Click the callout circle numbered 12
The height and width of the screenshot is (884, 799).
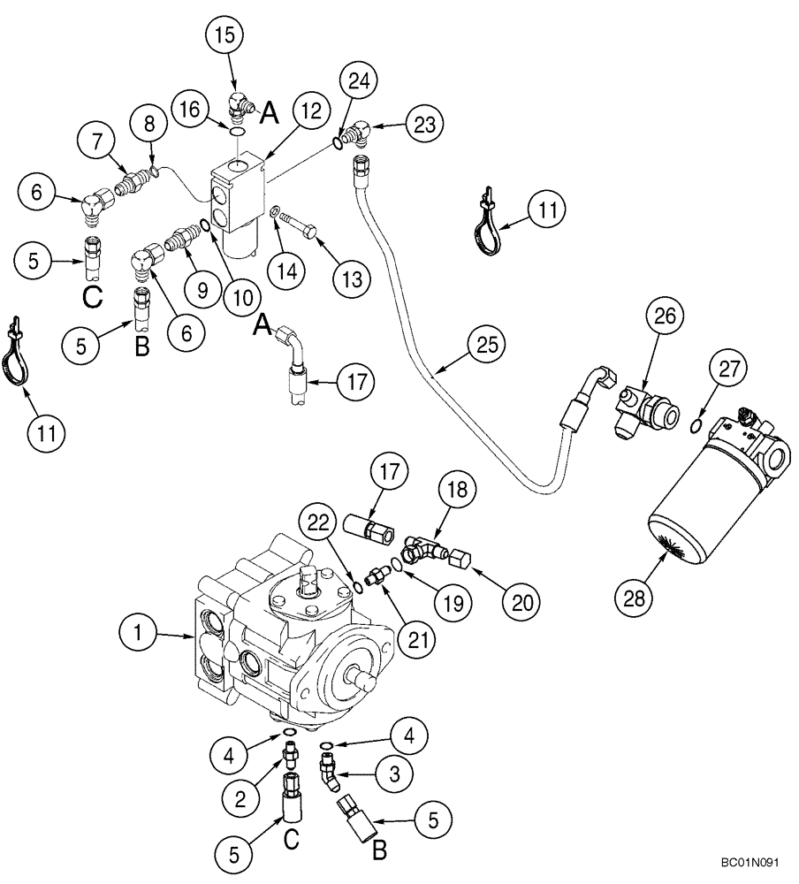click(x=287, y=111)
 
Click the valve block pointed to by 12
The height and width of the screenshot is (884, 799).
click(x=235, y=196)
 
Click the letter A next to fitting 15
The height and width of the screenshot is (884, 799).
click(x=269, y=111)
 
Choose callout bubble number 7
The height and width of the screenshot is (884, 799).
click(x=96, y=139)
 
